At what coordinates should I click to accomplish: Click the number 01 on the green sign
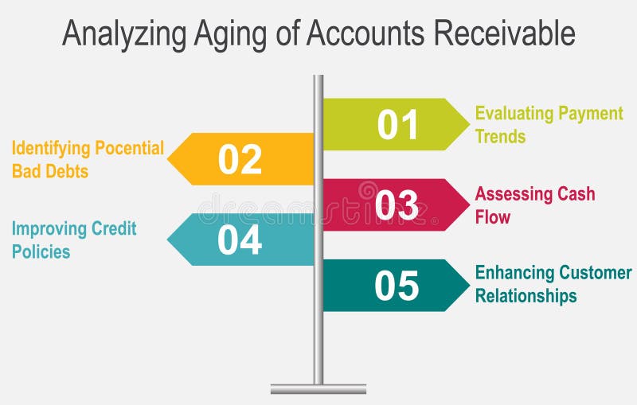[397, 125]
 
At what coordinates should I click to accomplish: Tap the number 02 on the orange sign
[240, 159]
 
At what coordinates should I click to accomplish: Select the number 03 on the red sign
[397, 204]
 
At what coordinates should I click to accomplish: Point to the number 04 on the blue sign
[240, 239]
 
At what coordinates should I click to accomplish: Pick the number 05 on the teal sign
[397, 286]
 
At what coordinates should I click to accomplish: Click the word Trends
[500, 136]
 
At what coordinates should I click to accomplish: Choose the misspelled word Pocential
[130, 148]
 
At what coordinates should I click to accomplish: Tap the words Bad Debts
[49, 171]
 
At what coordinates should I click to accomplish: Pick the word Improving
[49, 229]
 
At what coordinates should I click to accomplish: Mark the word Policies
[41, 251]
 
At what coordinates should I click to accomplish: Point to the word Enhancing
[515, 273]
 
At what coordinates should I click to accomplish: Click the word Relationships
[526, 296]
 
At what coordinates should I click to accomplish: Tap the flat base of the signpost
[318, 389]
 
